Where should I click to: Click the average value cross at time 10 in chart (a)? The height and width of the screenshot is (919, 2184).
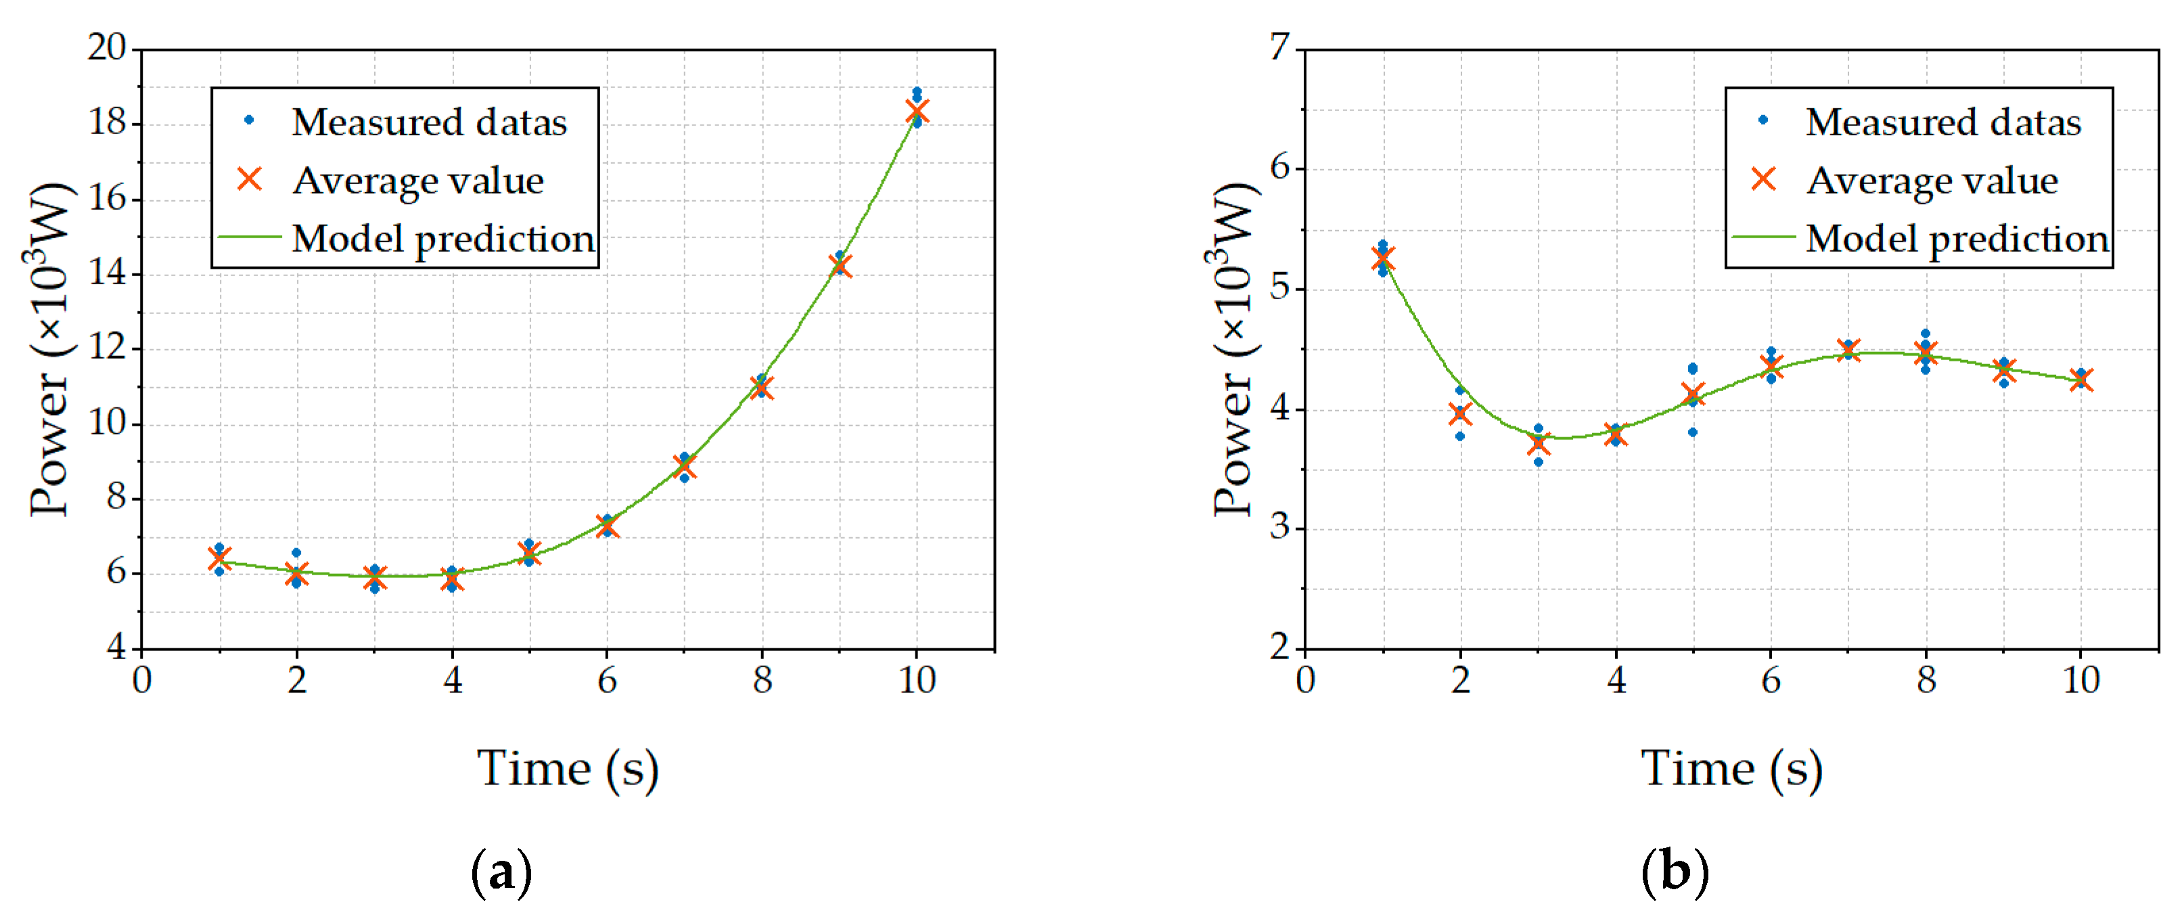(x=917, y=112)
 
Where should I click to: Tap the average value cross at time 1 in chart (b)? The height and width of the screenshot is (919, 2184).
(x=1383, y=259)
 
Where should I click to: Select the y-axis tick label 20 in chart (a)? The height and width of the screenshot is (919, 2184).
(x=107, y=47)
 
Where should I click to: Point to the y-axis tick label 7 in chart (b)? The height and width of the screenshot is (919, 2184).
(x=1279, y=47)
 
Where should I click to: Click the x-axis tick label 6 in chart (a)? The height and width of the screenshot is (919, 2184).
(x=607, y=680)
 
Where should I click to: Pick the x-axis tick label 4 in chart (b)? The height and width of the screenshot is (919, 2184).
(x=1616, y=680)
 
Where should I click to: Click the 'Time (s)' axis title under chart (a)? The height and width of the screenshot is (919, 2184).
(x=568, y=769)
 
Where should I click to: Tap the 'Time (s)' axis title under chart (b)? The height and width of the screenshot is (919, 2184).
(x=1731, y=769)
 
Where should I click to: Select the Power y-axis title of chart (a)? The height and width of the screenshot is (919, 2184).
(x=49, y=348)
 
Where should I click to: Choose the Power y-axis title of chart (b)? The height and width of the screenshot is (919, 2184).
(x=1232, y=348)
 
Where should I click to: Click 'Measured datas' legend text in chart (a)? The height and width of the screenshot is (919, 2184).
(x=429, y=122)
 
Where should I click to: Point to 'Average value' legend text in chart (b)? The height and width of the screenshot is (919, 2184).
(x=1932, y=181)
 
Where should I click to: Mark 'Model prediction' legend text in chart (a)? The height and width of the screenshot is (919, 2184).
(x=443, y=239)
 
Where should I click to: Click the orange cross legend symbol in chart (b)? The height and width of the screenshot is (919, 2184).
(x=1763, y=179)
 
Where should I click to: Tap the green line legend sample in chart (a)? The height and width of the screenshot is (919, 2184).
(x=249, y=238)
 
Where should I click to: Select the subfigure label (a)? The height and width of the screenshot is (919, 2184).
(x=501, y=872)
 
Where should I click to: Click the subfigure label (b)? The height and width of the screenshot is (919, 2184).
(x=1675, y=872)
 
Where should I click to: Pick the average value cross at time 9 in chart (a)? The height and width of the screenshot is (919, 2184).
(x=840, y=266)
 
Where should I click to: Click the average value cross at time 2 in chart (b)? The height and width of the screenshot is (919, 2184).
(x=1460, y=413)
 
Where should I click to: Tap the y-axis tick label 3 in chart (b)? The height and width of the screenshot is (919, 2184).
(x=1279, y=527)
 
